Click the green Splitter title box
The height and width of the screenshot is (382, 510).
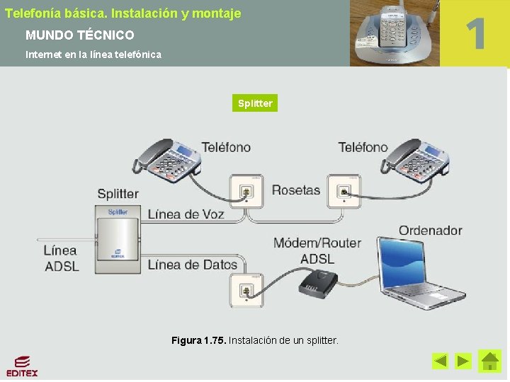(255, 103)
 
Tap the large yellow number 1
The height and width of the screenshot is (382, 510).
(475, 33)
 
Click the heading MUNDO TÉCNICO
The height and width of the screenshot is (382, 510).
(79, 35)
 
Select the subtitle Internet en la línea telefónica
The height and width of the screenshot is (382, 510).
(93, 54)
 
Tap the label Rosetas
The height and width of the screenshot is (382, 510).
(296, 190)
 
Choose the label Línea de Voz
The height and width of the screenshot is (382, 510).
(186, 214)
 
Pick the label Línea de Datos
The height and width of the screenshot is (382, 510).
(193, 265)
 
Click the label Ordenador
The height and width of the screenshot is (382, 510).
(430, 230)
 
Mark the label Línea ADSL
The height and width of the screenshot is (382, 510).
(61, 258)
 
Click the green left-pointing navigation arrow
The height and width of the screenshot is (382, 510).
(441, 361)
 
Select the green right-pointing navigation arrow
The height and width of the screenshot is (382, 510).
(463, 361)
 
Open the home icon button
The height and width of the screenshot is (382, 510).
(489, 361)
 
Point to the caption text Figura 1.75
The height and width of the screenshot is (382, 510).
(198, 341)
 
